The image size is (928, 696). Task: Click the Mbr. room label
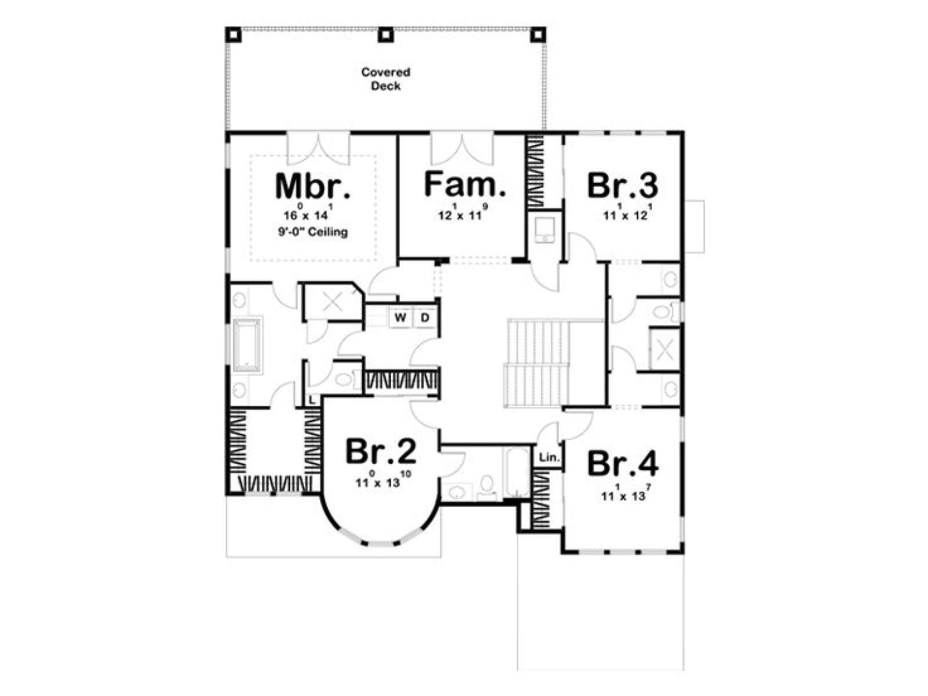[313, 186]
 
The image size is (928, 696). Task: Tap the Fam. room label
[465, 184]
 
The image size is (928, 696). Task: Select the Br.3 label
[622, 186]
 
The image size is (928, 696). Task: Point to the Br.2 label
[380, 452]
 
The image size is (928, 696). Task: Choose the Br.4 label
[622, 465]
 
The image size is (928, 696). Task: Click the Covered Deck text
[386, 79]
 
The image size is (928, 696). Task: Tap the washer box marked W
[400, 317]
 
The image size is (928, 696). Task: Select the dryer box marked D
[425, 317]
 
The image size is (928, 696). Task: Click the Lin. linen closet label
[550, 457]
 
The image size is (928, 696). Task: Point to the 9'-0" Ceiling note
[313, 232]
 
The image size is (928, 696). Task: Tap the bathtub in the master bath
[247, 344]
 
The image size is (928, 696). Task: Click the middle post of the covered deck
[386, 35]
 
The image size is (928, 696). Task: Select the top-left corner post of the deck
[233, 35]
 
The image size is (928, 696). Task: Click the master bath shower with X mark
[332, 302]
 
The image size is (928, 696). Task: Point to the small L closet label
[311, 400]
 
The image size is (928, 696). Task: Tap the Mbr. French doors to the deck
[318, 149]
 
